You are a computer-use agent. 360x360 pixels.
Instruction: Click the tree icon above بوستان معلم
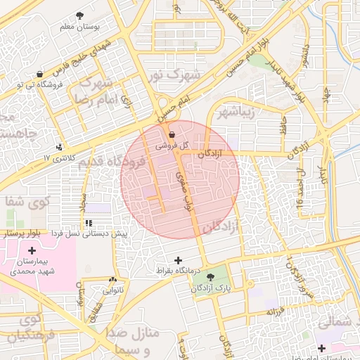click(x=79, y=15)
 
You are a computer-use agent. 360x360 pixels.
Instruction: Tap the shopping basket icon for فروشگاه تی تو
click(x=39, y=74)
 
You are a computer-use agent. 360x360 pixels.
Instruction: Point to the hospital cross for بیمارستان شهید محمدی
click(x=31, y=250)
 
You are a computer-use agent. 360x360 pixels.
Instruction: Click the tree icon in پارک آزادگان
click(x=220, y=277)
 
